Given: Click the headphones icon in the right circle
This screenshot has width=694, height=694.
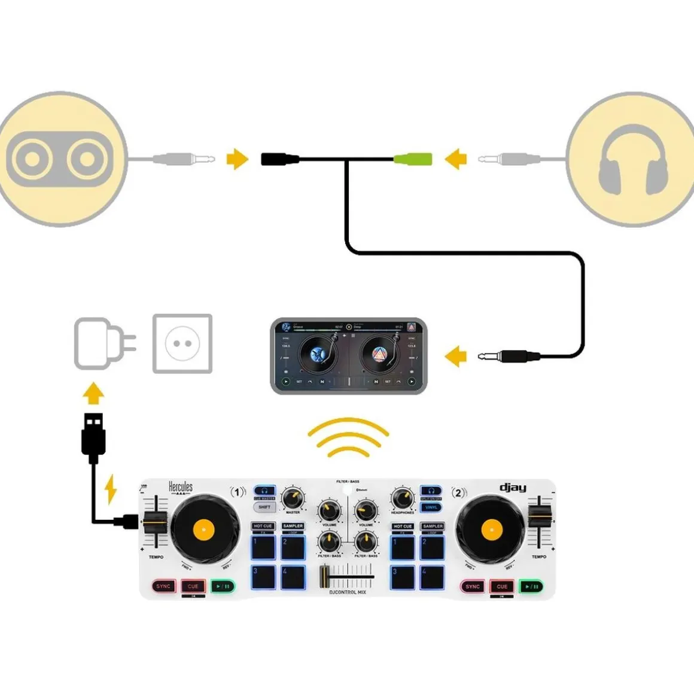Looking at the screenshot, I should point(633,159).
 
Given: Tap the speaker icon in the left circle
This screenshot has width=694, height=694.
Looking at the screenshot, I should point(59,159).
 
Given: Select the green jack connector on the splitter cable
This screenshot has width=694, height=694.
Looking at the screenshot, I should point(413,159).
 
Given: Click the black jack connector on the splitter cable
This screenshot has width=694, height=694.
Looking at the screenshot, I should point(279,159).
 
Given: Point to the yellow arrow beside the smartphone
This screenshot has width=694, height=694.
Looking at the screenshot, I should point(456,356).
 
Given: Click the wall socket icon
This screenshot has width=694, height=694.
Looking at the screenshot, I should point(182,344).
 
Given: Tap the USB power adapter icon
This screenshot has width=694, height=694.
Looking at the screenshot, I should point(102,344).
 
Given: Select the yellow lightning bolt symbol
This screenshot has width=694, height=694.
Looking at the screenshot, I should point(111,489).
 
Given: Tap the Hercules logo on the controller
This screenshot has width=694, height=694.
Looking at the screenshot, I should point(180,488).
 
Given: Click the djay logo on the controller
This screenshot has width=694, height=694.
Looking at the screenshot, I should point(513,488).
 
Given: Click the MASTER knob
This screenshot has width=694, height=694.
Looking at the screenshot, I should point(293,498).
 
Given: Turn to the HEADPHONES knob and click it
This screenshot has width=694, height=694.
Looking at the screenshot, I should point(402,498).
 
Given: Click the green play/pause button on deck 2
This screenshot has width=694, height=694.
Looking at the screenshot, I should point(531,586).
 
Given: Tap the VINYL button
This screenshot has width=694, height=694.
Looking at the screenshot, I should point(431,507).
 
